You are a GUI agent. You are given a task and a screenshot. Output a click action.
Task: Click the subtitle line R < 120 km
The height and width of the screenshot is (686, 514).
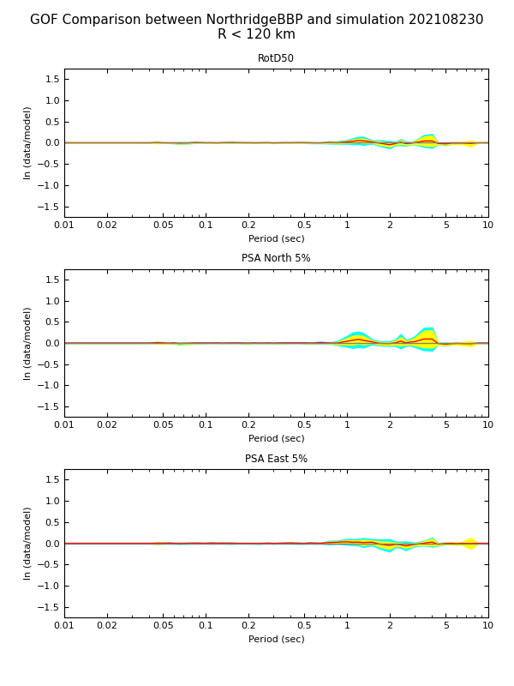256,35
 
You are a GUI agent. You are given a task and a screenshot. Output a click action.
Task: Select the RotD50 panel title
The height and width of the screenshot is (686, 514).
276,59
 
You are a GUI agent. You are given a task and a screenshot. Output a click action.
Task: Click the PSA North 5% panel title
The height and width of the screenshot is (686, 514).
276,259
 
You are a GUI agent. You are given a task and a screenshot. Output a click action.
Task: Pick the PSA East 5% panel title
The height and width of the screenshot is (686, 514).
276,460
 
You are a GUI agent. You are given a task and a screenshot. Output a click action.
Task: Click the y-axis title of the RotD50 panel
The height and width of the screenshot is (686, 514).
27,142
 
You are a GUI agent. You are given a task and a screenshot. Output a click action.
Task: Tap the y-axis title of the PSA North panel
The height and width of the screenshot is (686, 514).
27,343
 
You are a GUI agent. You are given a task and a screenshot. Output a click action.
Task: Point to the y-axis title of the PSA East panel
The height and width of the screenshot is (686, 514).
27,543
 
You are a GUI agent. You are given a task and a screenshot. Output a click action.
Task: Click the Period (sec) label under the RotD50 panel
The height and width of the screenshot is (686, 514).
276,239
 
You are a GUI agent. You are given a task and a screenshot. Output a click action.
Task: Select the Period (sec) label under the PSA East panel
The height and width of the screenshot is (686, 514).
276,640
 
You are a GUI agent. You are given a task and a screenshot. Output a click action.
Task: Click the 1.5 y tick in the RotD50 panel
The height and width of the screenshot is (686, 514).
51,79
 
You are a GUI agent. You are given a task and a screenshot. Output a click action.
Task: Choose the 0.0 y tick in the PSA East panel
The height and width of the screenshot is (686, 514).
51,544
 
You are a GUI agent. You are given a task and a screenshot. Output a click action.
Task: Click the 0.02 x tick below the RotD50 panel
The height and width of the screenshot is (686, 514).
107,226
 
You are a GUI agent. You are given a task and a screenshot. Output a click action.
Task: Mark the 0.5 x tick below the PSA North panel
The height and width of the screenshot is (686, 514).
304,425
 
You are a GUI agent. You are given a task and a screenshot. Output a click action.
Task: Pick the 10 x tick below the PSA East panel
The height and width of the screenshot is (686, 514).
488,626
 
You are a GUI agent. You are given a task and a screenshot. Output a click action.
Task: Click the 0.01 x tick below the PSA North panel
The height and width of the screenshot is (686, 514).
64,425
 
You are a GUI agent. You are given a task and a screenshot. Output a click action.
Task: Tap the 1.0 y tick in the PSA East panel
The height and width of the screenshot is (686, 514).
51,501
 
